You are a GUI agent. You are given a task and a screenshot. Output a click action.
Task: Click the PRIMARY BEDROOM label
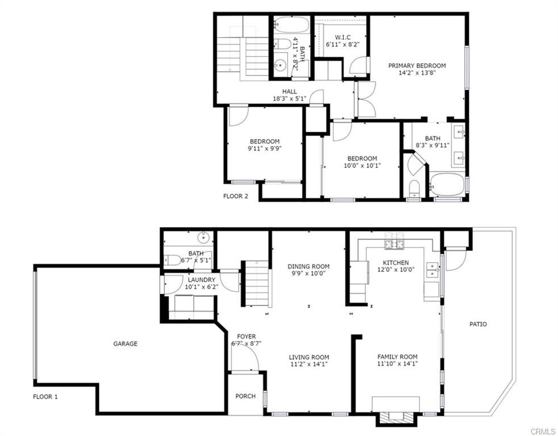tap(417, 66)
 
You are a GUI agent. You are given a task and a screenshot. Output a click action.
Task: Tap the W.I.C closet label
tap(343, 37)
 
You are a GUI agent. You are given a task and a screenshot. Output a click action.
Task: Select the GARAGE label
tap(125, 343)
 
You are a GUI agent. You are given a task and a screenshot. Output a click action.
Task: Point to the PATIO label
tap(478, 324)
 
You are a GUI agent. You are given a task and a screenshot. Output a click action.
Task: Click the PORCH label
tap(245, 396)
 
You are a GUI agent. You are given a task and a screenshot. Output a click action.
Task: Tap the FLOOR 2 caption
tap(236, 196)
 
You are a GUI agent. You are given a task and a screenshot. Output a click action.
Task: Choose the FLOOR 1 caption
tap(45, 396)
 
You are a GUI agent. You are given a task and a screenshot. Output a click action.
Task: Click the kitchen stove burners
tap(395, 241)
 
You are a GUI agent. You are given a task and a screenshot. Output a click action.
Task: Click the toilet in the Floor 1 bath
tap(173, 260)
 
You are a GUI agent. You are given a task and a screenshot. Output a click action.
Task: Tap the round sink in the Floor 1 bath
tap(203, 236)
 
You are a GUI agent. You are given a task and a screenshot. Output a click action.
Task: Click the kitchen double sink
tap(433, 270)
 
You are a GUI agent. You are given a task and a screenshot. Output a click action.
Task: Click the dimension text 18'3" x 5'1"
tap(289, 99)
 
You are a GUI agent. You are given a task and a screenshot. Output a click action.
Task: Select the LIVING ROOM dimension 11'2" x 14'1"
tap(309, 364)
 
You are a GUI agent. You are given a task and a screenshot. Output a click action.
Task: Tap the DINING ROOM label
tap(309, 266)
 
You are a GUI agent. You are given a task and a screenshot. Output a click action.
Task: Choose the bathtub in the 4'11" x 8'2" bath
tap(292, 25)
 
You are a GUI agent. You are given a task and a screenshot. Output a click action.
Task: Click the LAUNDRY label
tap(201, 280)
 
